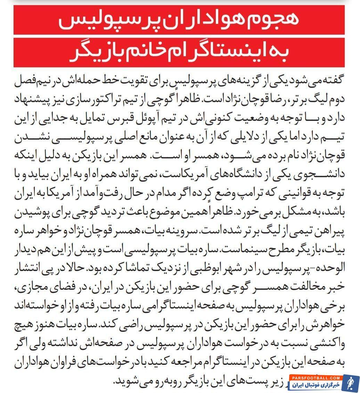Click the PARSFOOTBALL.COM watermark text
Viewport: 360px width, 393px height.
(314, 378)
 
